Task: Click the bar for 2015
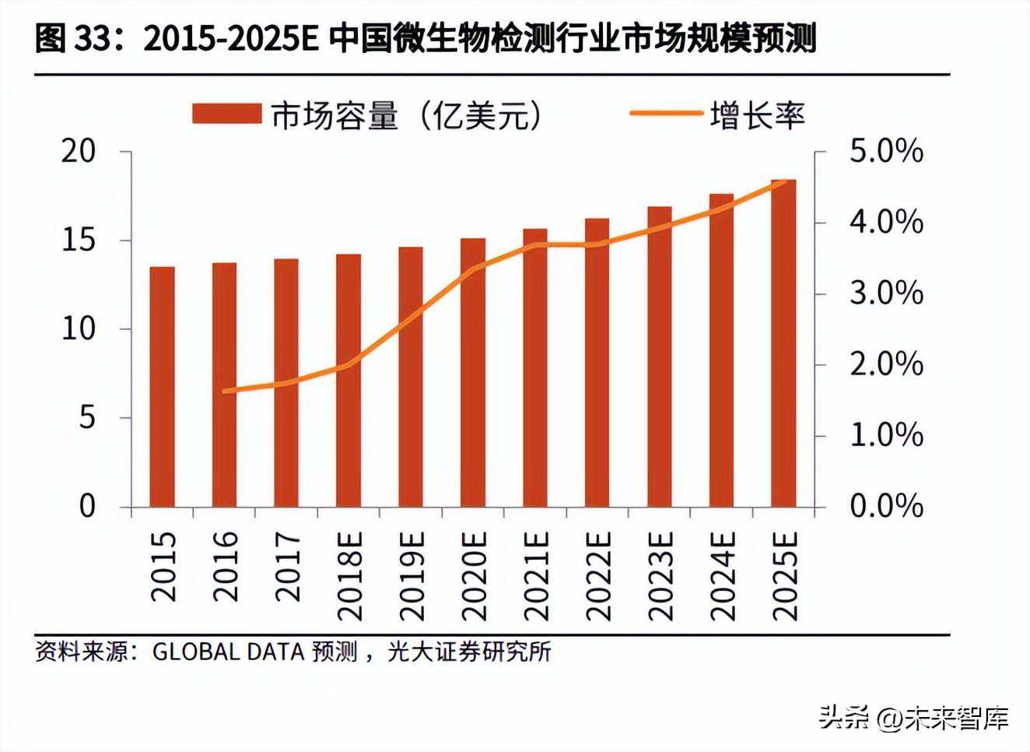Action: pyautogui.click(x=162, y=387)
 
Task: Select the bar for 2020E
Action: pyautogui.click(x=473, y=373)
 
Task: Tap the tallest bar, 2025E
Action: pyautogui.click(x=783, y=343)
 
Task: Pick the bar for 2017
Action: pyautogui.click(x=286, y=383)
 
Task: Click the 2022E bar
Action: pyautogui.click(x=597, y=363)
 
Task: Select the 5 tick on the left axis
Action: pyautogui.click(x=87, y=418)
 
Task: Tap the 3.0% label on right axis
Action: pyautogui.click(x=886, y=293)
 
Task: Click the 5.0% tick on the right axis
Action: pyautogui.click(x=886, y=151)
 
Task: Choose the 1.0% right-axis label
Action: pyautogui.click(x=886, y=435)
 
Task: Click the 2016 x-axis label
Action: pyautogui.click(x=225, y=566)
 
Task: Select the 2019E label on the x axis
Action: pyautogui.click(x=412, y=575)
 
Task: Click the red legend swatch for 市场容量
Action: pyautogui.click(x=226, y=114)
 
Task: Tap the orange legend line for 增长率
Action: pyautogui.click(x=664, y=114)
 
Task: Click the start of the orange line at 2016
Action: pyautogui.click(x=225, y=391)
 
